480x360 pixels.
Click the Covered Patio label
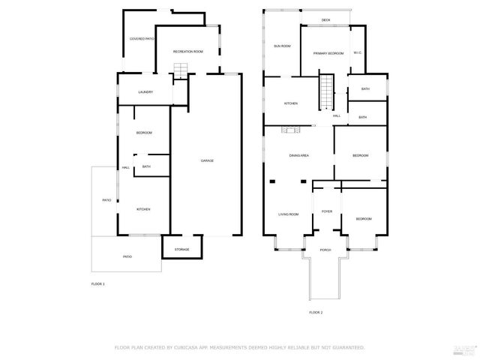(x=142, y=38)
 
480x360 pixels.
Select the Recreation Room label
(x=188, y=52)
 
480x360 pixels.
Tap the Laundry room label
(x=145, y=92)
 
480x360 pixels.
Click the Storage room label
(x=182, y=249)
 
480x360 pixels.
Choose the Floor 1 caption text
(x=97, y=283)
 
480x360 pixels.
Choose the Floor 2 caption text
(x=316, y=312)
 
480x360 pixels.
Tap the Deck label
(x=325, y=20)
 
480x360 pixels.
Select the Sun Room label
(x=282, y=46)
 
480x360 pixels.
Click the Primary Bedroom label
(x=328, y=53)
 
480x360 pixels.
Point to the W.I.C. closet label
(x=358, y=52)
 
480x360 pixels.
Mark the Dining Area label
(x=299, y=155)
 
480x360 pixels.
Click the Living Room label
(x=289, y=214)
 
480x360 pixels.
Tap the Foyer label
(x=327, y=211)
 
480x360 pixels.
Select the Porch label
(x=325, y=250)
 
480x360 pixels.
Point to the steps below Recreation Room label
(x=180, y=70)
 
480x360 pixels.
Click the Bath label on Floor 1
(x=146, y=166)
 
